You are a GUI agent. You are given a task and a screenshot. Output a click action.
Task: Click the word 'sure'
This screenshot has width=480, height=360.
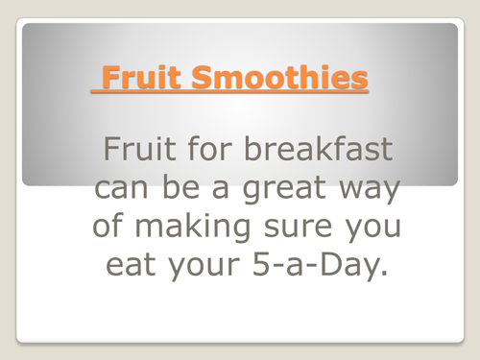[287, 227]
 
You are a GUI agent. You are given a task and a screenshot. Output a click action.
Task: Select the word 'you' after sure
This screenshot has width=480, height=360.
[362, 228]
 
